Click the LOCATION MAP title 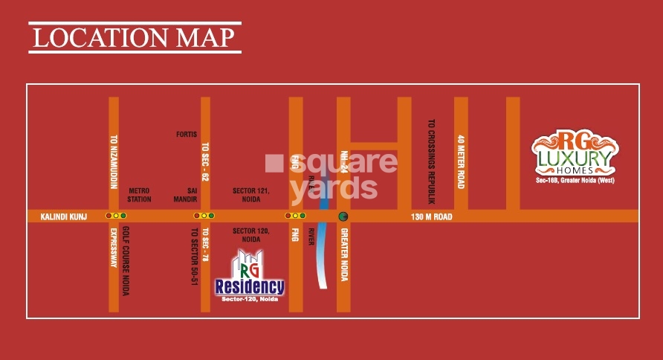coord(135,36)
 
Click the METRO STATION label coord(140,195)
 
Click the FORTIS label coord(187,135)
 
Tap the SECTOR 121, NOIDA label coord(250,195)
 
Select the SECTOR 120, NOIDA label coord(250,234)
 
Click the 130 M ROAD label coord(432,216)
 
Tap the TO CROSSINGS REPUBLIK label coord(432,160)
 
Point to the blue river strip coord(323,253)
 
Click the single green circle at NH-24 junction coord(343,216)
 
